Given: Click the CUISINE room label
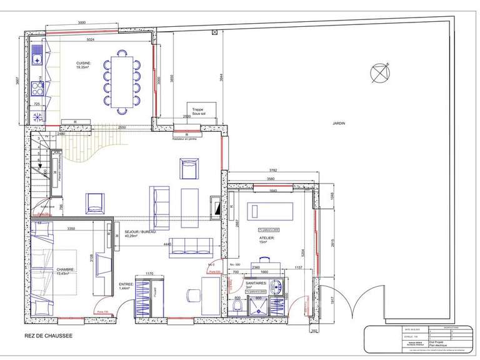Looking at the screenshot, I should click(84, 64).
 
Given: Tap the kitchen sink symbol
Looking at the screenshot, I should click(39, 47).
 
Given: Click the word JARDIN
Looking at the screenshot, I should click(339, 123).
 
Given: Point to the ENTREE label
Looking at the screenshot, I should click(128, 287).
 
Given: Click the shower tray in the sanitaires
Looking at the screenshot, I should click(258, 307).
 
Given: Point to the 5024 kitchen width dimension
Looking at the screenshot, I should click(91, 40).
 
